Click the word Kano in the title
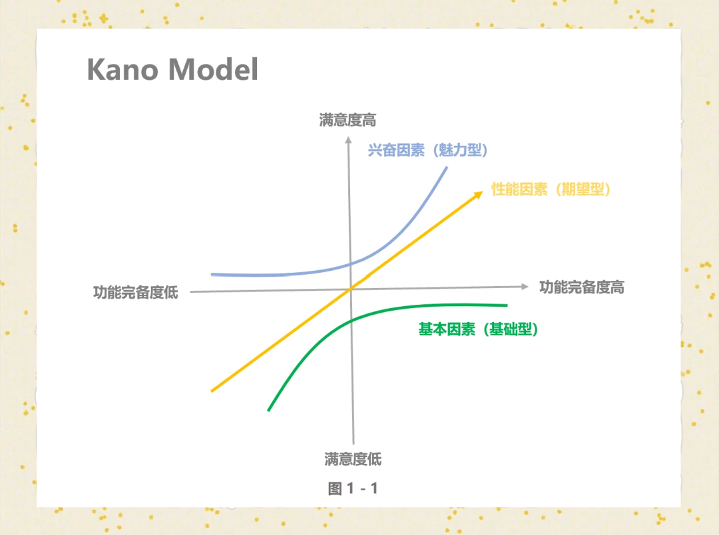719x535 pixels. pos(122,69)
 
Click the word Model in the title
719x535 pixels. pos(214,69)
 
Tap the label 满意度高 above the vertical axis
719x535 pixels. pos(348,120)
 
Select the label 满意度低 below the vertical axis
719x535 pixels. pos(353,459)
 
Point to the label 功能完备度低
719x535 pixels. pos(136,292)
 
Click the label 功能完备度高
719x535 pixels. pos(581,287)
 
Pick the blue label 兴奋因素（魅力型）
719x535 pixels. pos(428,150)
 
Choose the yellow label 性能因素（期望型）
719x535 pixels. pos(551,189)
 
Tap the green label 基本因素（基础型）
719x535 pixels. pos(478,329)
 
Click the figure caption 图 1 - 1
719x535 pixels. pos(353,488)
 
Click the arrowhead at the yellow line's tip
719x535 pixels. pos(478,195)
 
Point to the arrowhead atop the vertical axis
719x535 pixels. pos(348,140)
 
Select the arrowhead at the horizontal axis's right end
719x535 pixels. pos(525,287)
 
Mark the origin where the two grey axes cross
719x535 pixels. pos(352,289)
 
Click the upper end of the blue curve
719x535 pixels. pos(447,168)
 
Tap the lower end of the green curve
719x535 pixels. pos(269,411)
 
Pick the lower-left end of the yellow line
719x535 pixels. pos(212,391)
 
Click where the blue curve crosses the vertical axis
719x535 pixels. pos(350,264)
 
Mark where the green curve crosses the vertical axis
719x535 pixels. pos(352,321)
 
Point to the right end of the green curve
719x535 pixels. pos(507,305)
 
